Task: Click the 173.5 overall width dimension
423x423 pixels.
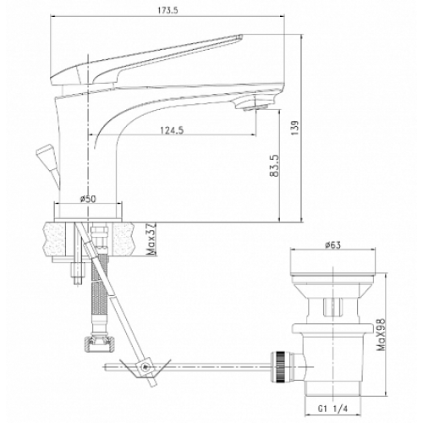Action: click(x=168, y=10)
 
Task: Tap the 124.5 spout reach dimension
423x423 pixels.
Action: click(x=172, y=130)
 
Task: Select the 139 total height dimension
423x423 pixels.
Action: click(x=294, y=128)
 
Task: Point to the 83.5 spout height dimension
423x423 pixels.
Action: click(x=274, y=166)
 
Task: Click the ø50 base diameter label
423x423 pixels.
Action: click(x=88, y=199)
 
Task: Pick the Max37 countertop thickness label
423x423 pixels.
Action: click(x=151, y=239)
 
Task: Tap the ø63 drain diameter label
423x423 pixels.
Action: click(x=332, y=245)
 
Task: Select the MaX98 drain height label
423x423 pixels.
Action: click(x=382, y=334)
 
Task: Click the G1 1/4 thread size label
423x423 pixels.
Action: click(x=332, y=409)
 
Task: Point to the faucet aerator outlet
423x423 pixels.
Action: click(x=255, y=107)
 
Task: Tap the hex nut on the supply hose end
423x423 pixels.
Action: click(x=99, y=343)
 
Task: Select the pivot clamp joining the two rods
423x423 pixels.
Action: click(x=146, y=366)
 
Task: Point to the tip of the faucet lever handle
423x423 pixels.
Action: click(x=240, y=36)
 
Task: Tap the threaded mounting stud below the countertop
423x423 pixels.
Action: click(x=78, y=273)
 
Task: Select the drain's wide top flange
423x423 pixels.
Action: click(x=333, y=261)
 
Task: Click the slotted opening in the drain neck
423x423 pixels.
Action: click(x=332, y=307)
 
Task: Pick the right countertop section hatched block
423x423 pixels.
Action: click(x=123, y=239)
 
